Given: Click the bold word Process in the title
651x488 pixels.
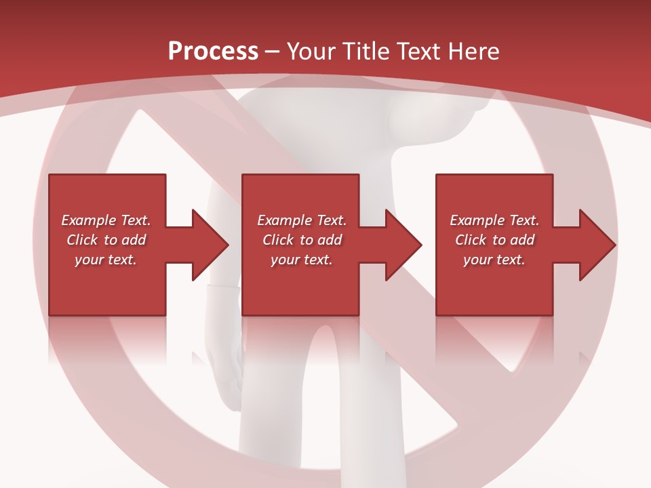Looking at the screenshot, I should [213, 52].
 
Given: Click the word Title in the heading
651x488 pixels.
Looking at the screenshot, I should [368, 52].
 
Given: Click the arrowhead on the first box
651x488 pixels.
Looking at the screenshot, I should [209, 245].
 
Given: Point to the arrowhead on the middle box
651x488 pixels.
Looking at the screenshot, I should [402, 245].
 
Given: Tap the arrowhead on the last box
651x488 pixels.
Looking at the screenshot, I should [596, 245].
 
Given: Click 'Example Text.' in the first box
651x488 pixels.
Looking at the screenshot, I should [106, 220].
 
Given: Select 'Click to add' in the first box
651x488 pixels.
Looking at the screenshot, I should [106, 240].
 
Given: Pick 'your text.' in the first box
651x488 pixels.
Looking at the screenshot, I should [106, 260].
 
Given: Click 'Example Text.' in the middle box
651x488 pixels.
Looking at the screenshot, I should [302, 220].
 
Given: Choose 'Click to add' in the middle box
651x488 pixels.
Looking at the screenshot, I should [302, 240].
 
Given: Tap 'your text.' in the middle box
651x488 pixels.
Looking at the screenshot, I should [302, 260].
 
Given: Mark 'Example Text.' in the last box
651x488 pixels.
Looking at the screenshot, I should [494, 220].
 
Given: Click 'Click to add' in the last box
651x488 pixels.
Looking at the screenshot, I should [494, 240].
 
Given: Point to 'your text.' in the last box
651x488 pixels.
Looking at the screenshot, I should [494, 260].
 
